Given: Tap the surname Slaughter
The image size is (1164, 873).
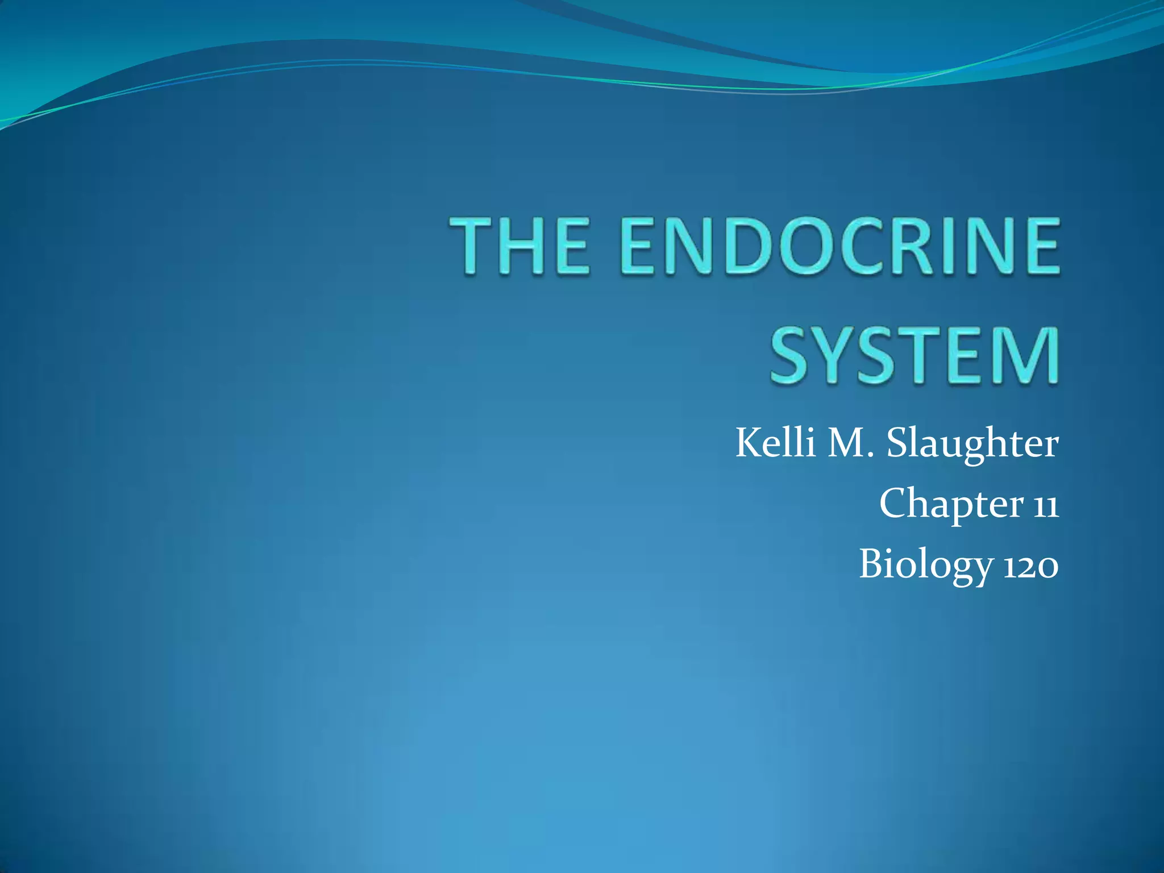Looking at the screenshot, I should click(x=972, y=444).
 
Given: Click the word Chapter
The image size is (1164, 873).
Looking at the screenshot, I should click(x=952, y=504).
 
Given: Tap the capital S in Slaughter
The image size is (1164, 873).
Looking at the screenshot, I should click(x=898, y=443).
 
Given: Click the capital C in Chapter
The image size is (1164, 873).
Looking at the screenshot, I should click(x=895, y=503).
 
